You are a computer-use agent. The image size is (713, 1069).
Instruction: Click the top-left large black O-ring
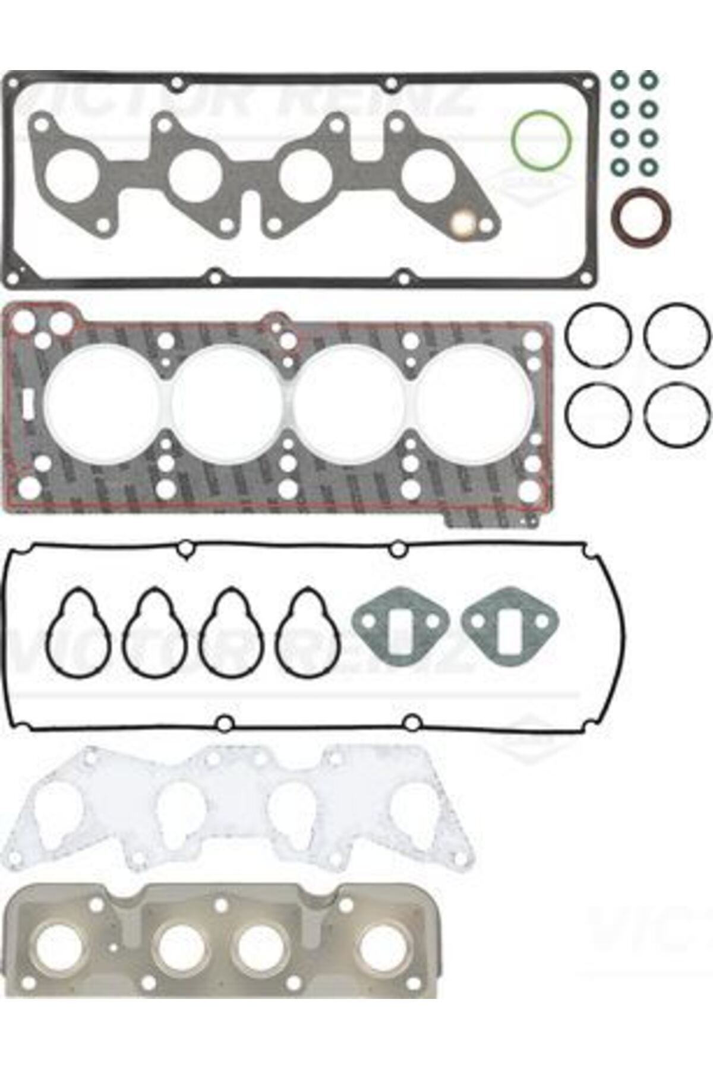click(x=598, y=336)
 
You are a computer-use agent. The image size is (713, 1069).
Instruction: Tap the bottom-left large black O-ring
click(x=598, y=415)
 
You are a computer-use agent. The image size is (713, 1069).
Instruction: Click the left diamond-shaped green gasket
click(x=393, y=627)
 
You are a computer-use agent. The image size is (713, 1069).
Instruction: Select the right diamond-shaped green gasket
click(x=510, y=627)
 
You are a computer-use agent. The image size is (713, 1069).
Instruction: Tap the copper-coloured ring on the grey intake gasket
click(x=462, y=224)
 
